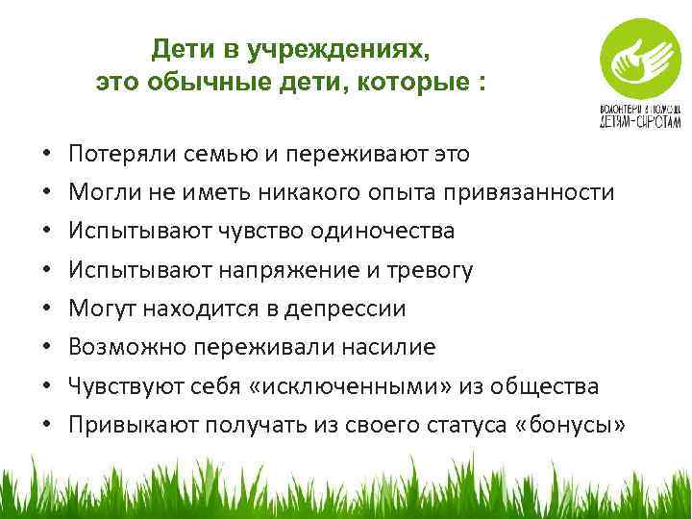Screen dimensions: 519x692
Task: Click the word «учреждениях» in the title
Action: click(x=345, y=48)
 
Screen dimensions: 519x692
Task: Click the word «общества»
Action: click(x=545, y=385)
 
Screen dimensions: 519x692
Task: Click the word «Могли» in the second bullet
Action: click(x=101, y=192)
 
